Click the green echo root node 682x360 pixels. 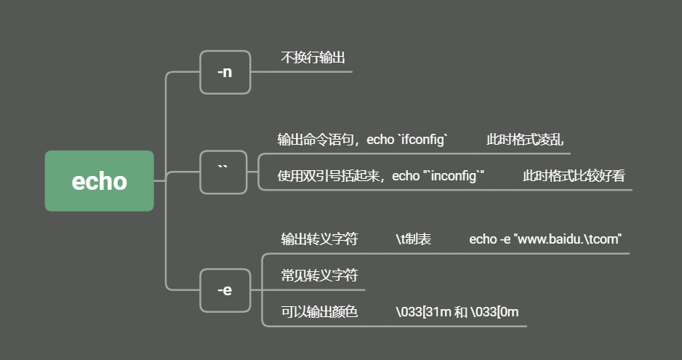pyautogui.click(x=99, y=181)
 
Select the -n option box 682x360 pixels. pyautogui.click(x=225, y=72)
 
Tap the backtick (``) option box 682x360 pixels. pyautogui.click(x=223, y=172)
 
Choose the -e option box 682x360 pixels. pyautogui.click(x=225, y=289)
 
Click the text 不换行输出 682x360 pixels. pyautogui.click(x=313, y=57)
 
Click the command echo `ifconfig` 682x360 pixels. pyautogui.click(x=408, y=140)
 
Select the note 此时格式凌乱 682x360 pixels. pyautogui.click(x=525, y=140)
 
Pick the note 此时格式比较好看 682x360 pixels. pyautogui.click(x=574, y=176)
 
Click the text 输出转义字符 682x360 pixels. pyautogui.click(x=319, y=239)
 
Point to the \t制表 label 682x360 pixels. pyautogui.click(x=413, y=239)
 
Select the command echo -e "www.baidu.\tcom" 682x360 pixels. pyautogui.click(x=545, y=239)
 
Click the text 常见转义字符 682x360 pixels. pyautogui.click(x=319, y=276)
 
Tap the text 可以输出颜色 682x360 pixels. pyautogui.click(x=319, y=312)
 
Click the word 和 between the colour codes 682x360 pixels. pyautogui.click(x=460, y=312)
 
